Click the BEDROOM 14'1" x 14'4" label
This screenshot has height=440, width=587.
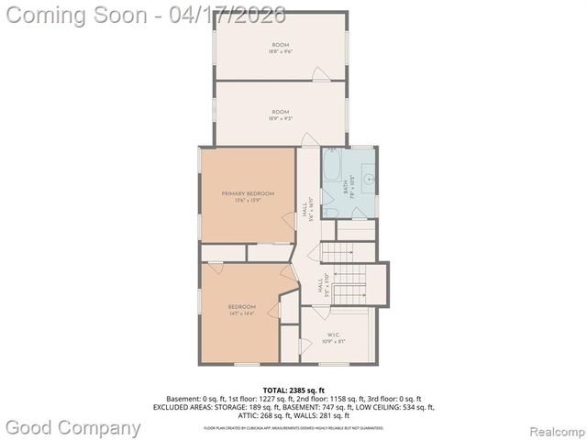242,310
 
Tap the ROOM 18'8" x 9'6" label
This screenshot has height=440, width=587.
280,48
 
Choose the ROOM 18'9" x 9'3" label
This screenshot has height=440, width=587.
280,114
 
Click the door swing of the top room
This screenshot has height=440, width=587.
318,73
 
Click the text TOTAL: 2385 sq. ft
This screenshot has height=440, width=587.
293,390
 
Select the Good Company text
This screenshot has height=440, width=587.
73,427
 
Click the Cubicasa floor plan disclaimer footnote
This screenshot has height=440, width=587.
293,427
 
